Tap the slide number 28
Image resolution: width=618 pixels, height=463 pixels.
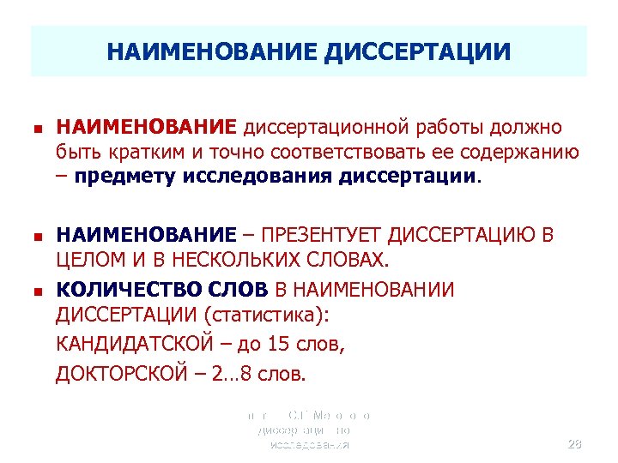coord(575,444)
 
